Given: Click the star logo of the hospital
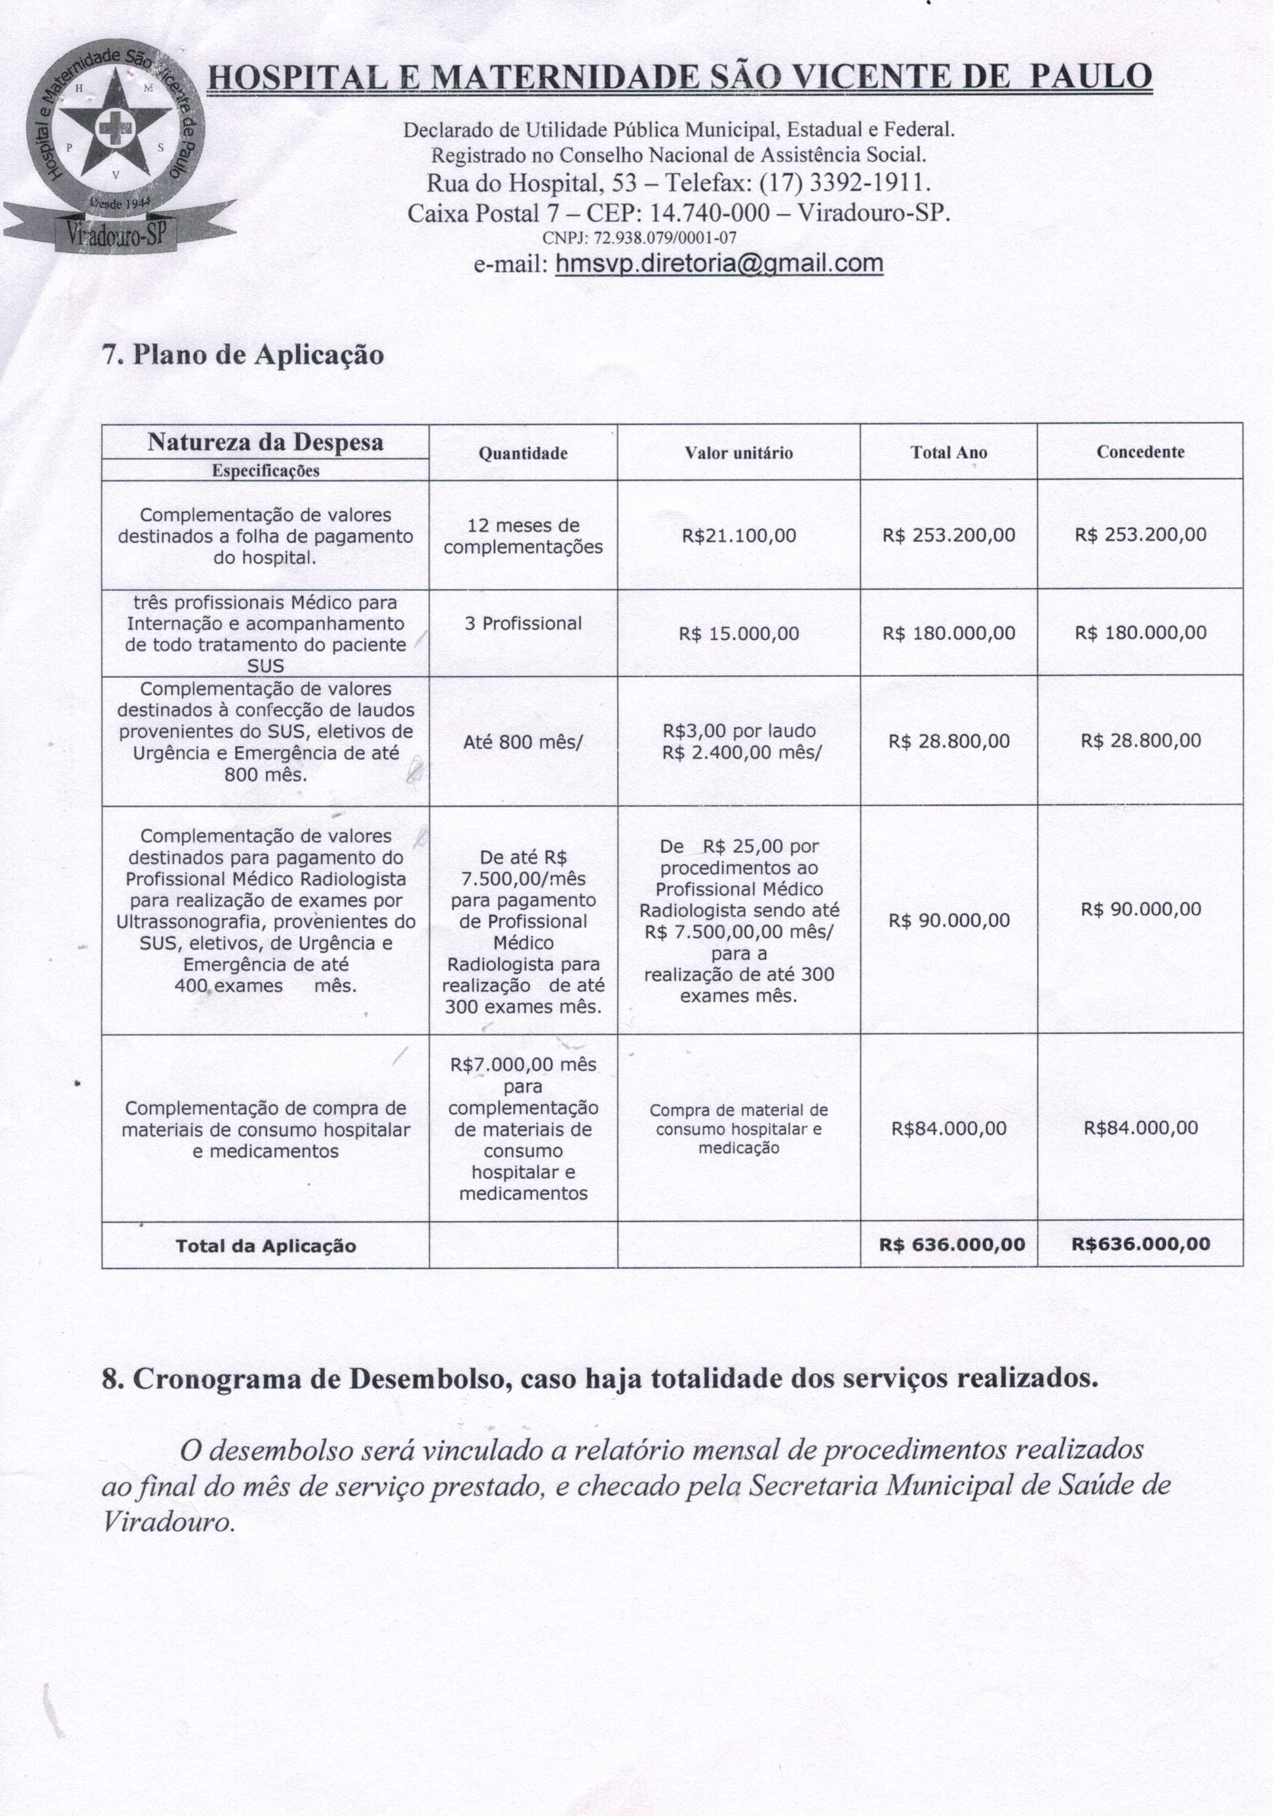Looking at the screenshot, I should pyautogui.click(x=117, y=127).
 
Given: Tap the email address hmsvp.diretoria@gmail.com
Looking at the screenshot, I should pyautogui.click(x=719, y=263).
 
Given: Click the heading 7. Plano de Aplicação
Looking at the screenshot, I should pyautogui.click(x=244, y=355).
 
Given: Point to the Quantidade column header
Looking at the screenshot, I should pyautogui.click(x=523, y=453).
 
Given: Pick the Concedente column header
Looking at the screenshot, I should pyautogui.click(x=1140, y=452).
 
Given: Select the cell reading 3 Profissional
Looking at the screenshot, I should pyautogui.click(x=523, y=623).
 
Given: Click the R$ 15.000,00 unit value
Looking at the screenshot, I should pyautogui.click(x=739, y=634).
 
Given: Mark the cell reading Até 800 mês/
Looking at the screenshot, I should pyautogui.click(x=523, y=742).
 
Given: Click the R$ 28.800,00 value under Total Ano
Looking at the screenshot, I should pyautogui.click(x=949, y=741).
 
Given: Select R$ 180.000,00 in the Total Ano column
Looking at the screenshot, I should pyautogui.click(x=949, y=633).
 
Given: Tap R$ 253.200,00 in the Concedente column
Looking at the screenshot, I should pyautogui.click(x=1140, y=535).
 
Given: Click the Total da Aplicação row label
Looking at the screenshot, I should pyautogui.click(x=266, y=1246).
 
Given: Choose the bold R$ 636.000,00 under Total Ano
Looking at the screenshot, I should pyautogui.click(x=952, y=1244).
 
